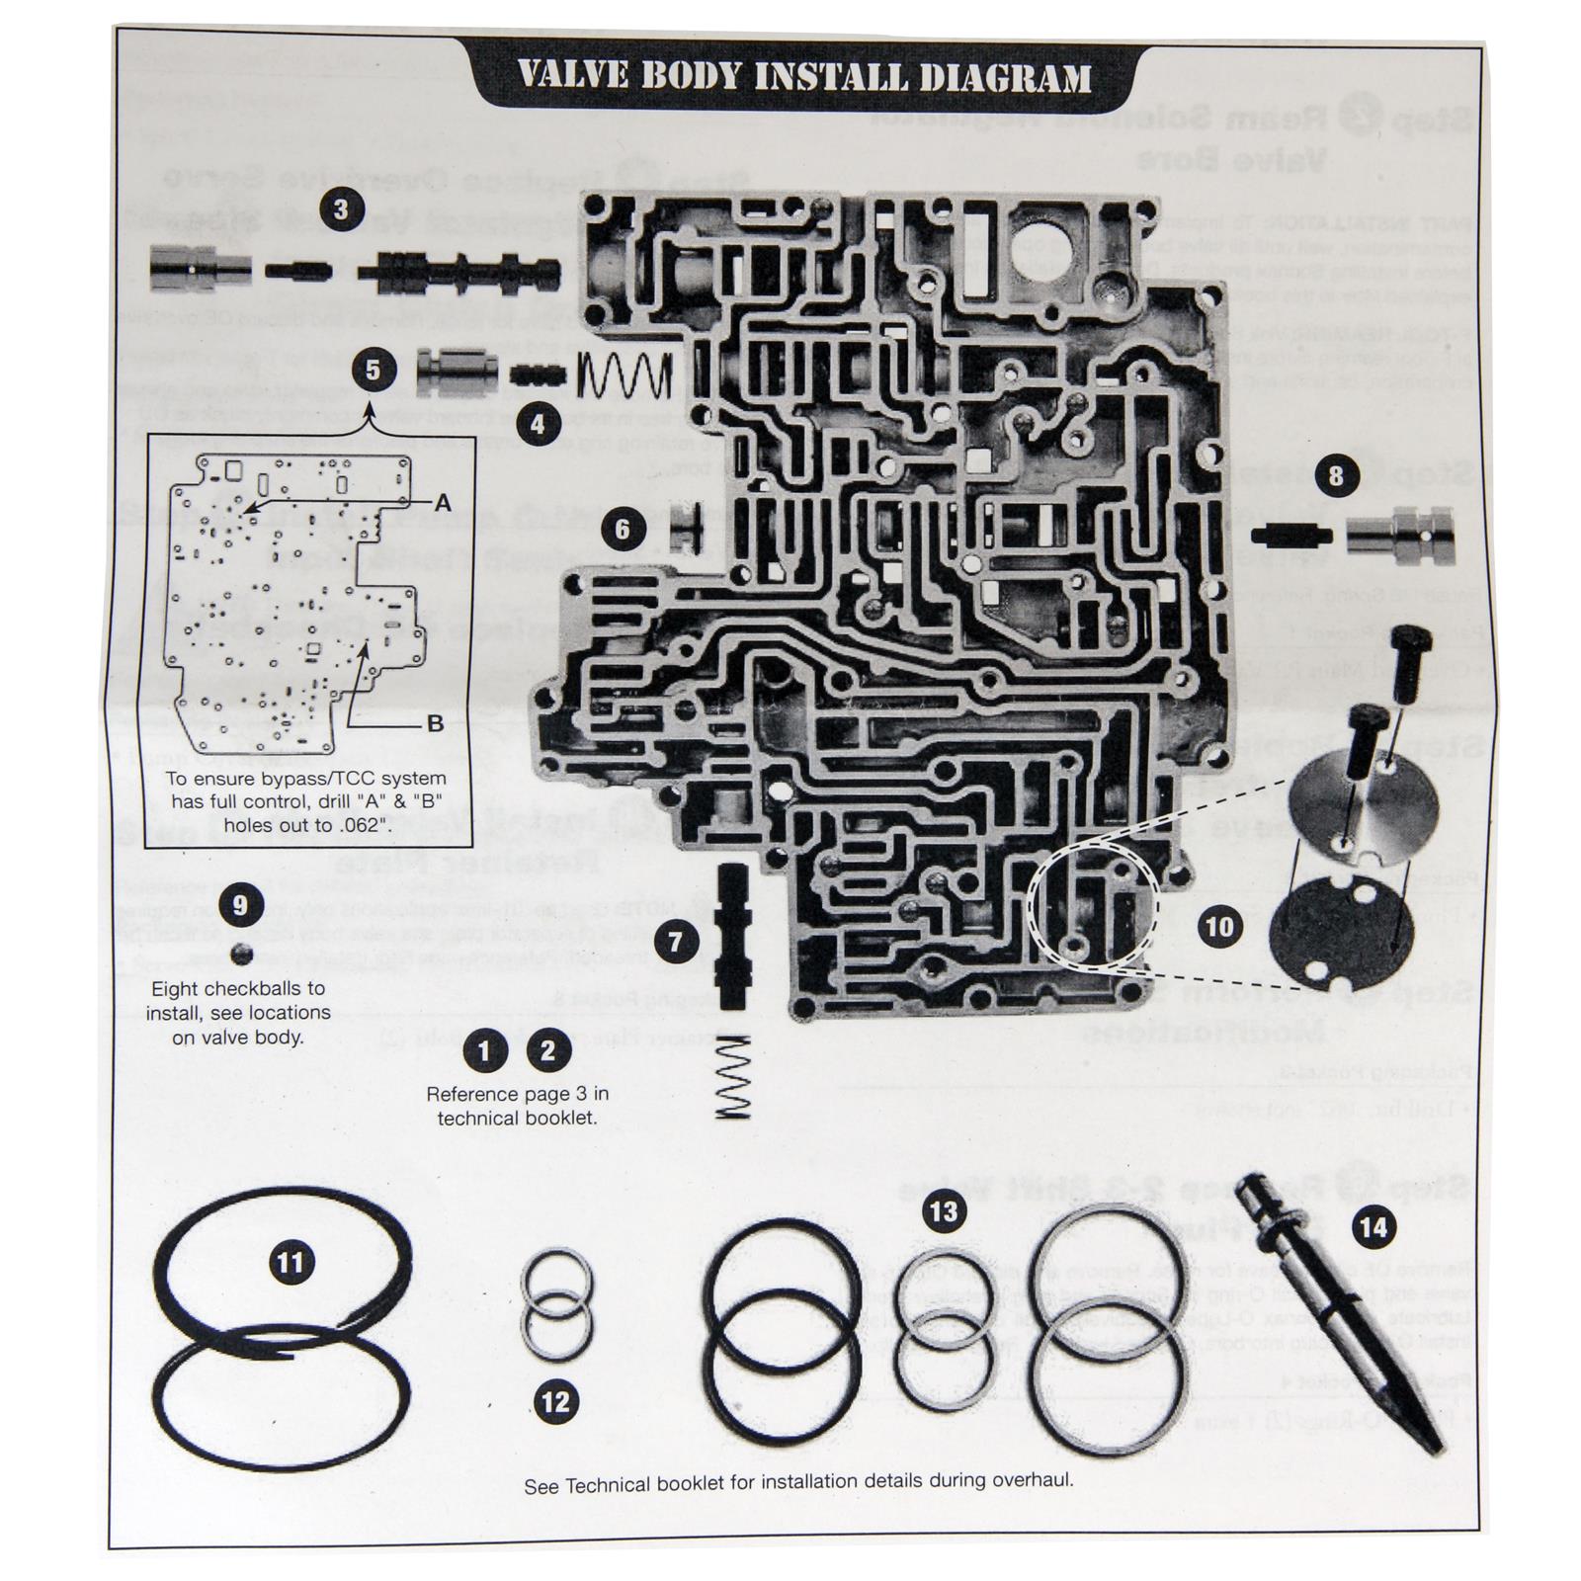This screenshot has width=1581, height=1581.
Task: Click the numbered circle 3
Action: click(340, 210)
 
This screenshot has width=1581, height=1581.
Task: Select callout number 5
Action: click(373, 370)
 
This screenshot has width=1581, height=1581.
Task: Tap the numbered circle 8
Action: click(1336, 476)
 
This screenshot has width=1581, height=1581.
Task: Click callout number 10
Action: click(1220, 926)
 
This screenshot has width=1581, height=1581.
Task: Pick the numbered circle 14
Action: click(1373, 1227)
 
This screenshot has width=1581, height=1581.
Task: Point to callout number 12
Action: click(556, 1401)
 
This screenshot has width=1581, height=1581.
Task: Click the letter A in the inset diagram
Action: click(443, 503)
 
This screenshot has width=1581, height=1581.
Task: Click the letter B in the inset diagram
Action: click(435, 723)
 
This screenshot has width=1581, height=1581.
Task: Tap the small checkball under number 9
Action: click(239, 954)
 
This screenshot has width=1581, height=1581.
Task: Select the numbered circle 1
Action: click(484, 1050)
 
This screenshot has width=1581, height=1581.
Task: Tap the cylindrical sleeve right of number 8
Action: click(1401, 539)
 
